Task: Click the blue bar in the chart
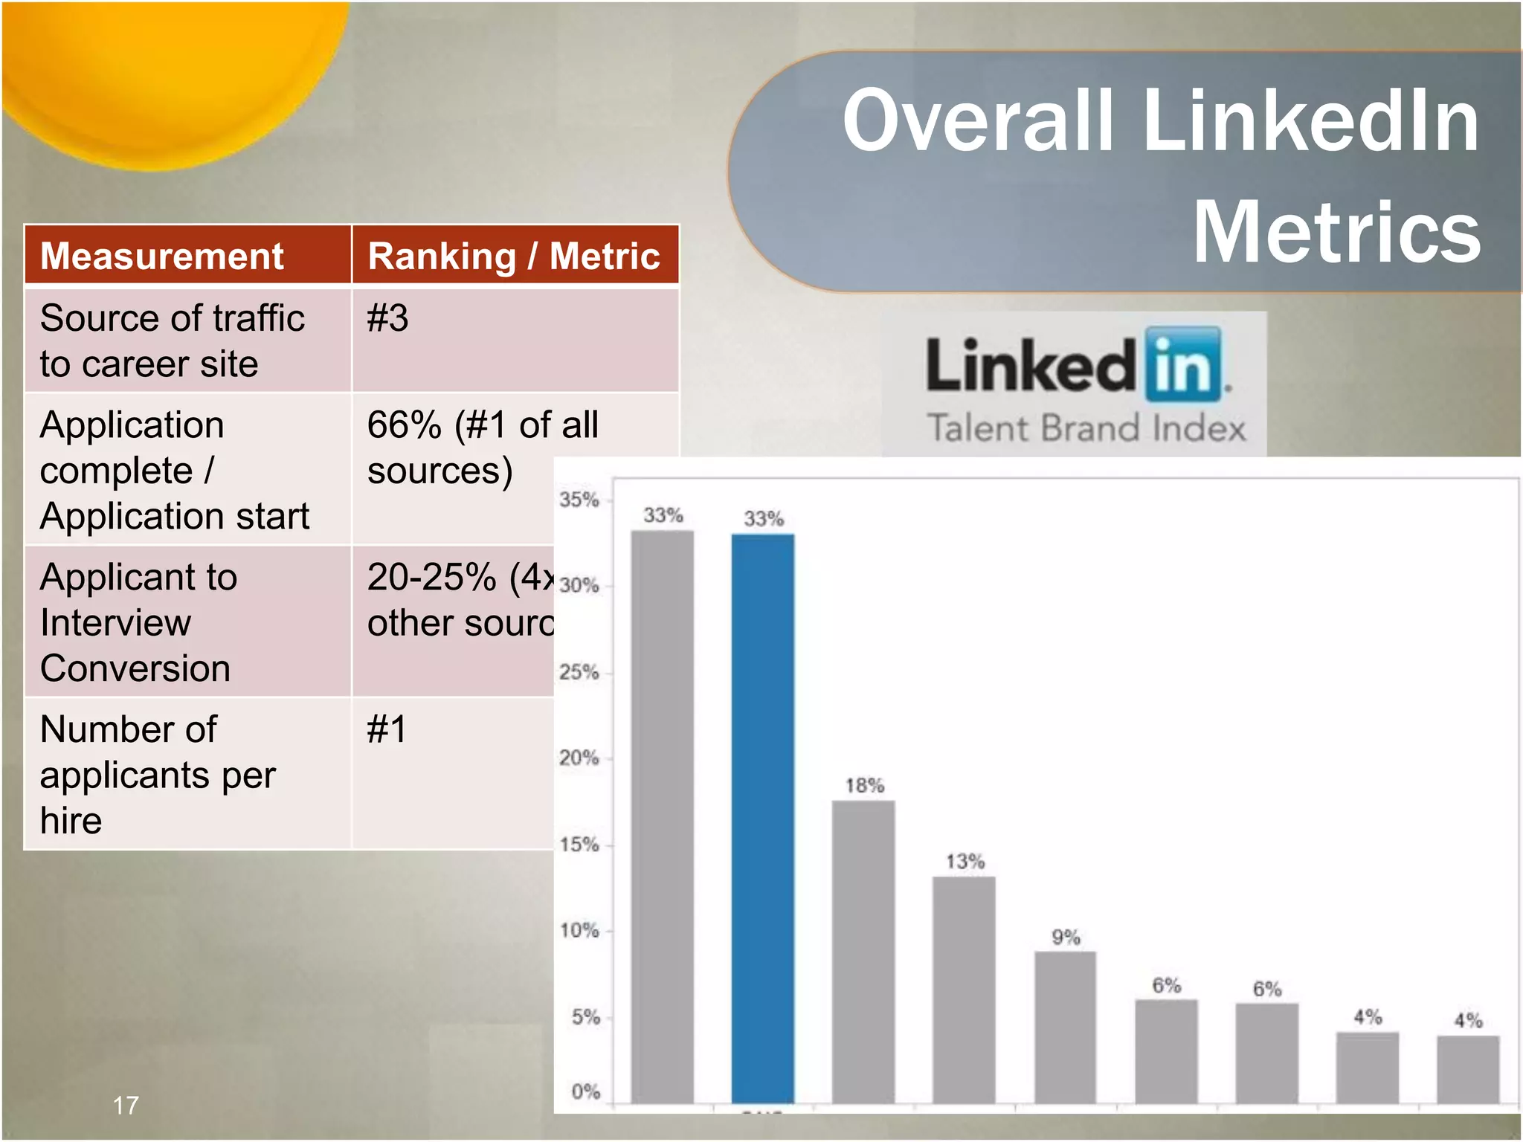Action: (762, 818)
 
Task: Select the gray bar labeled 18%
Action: (863, 952)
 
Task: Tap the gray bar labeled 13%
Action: (964, 989)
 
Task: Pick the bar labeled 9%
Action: (1065, 1026)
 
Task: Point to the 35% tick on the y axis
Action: (579, 500)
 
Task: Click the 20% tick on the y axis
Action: (579, 758)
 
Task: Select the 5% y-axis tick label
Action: (585, 1017)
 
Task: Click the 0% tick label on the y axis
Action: (585, 1092)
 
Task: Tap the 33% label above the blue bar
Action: (764, 518)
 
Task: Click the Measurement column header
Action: (162, 256)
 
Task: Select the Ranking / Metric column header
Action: (514, 256)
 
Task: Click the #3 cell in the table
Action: (387, 318)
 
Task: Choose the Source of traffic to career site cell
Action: (173, 341)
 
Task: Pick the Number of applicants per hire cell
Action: (158, 774)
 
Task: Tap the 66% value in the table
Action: (404, 425)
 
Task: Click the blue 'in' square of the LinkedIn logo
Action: (1183, 364)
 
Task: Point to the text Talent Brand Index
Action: (1086, 429)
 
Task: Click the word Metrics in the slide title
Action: (1336, 232)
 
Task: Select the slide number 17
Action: (126, 1106)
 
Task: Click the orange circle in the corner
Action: (171, 74)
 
